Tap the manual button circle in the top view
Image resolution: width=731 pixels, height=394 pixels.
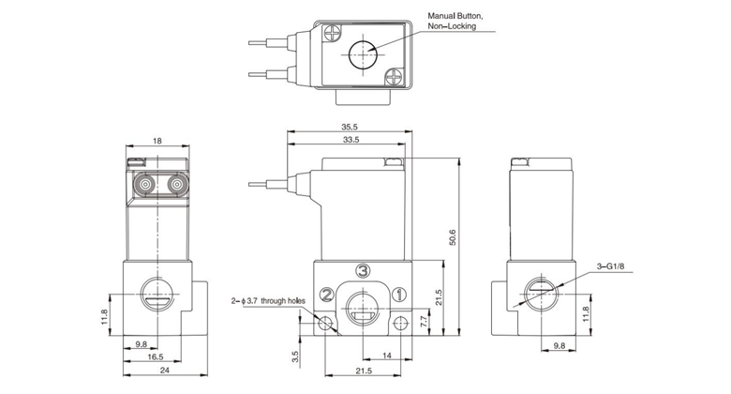(364, 54)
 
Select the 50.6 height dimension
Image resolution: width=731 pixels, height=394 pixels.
(453, 239)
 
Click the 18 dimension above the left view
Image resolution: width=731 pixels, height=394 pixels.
(157, 140)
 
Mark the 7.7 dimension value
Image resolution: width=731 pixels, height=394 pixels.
(424, 321)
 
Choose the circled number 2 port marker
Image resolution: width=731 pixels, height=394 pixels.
(325, 295)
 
